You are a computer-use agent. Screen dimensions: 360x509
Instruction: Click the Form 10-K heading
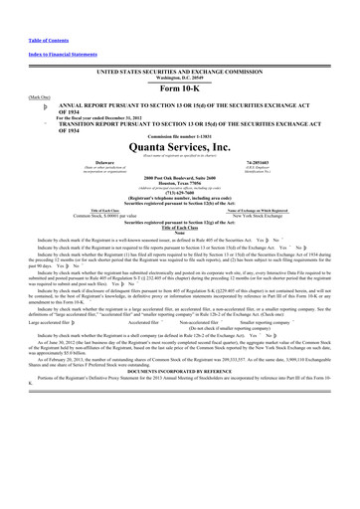click(x=180, y=86)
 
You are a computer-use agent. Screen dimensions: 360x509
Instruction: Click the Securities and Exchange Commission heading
click(x=180, y=73)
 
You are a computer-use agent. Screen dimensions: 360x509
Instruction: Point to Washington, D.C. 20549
click(x=180, y=79)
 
